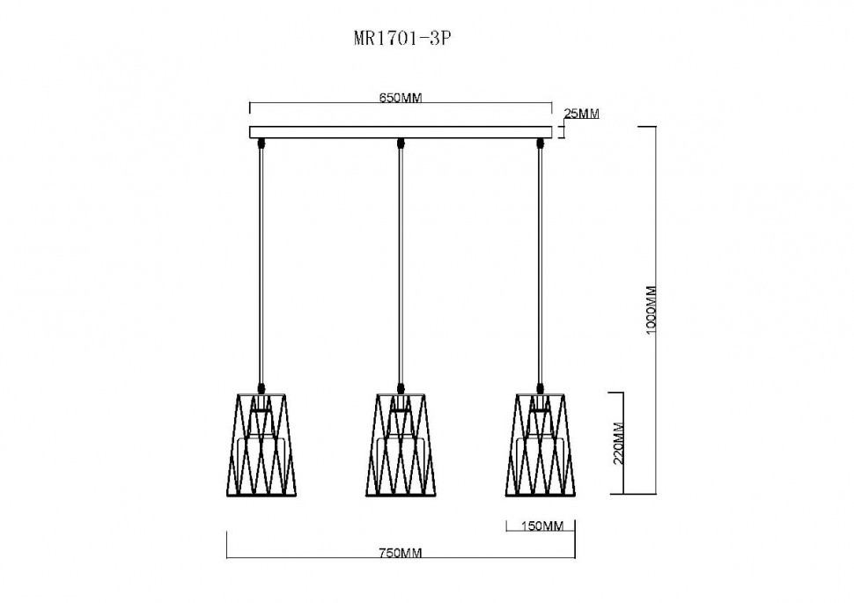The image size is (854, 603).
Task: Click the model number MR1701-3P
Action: [401, 39]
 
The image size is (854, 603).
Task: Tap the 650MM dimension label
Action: [401, 98]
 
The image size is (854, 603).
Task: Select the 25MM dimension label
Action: [581, 114]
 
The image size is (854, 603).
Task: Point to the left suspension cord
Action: [261, 264]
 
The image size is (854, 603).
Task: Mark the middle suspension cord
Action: [401, 264]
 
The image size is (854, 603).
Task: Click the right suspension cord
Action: [540, 264]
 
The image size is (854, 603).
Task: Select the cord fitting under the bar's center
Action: [401, 143]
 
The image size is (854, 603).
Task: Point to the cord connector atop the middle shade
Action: [401, 386]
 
